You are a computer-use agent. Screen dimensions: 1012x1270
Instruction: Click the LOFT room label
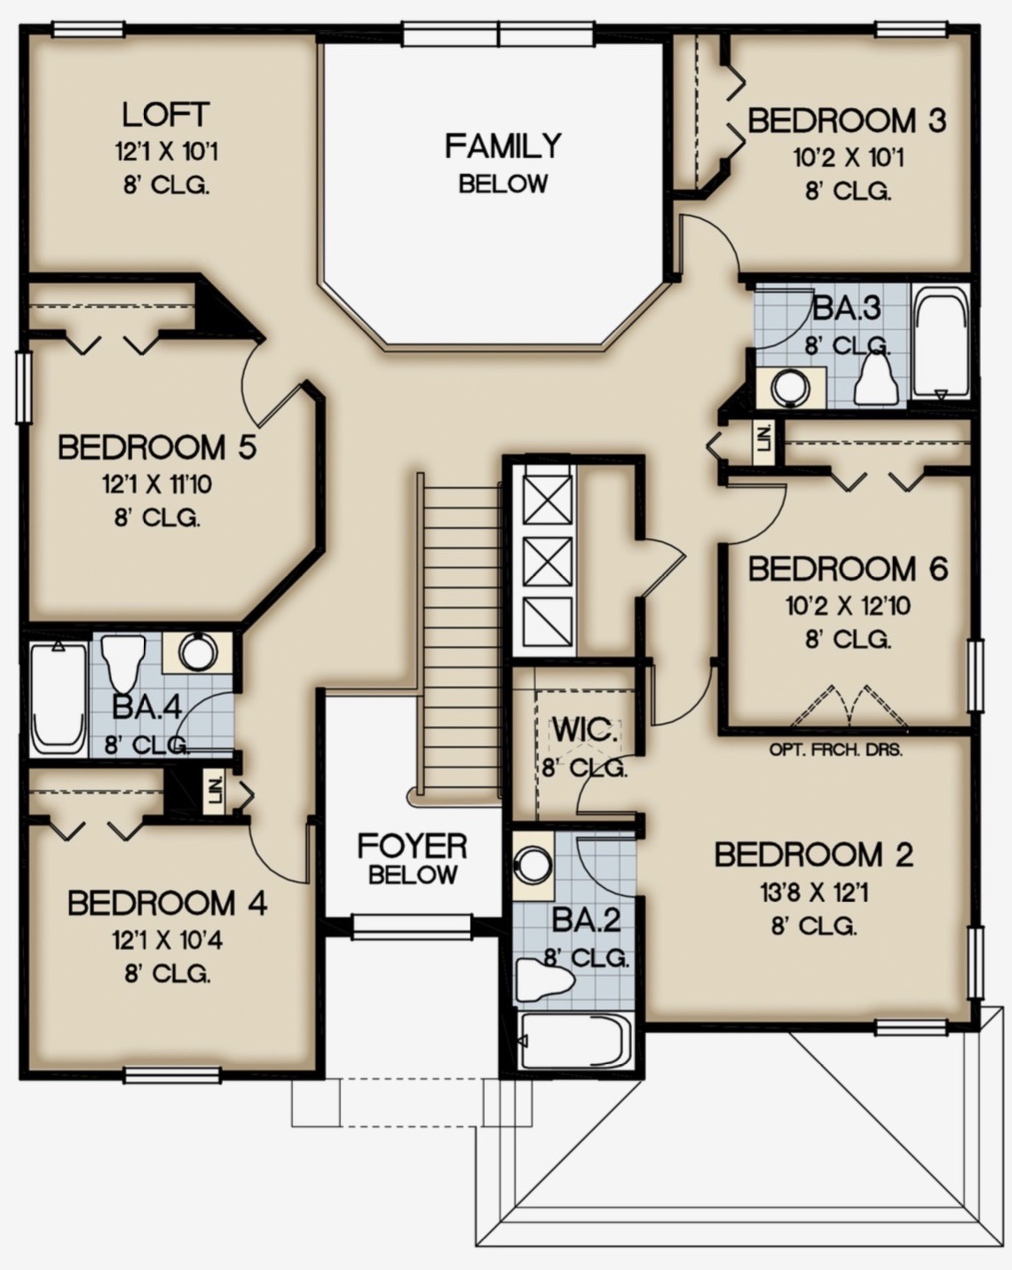[x=165, y=114]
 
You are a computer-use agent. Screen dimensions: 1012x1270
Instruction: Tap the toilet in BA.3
[x=877, y=378]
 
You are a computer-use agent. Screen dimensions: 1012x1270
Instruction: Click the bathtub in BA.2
[x=573, y=1041]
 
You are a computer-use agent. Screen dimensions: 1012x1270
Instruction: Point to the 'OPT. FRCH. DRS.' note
[x=835, y=750]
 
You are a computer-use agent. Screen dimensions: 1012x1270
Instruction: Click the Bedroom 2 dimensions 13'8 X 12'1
[x=814, y=893]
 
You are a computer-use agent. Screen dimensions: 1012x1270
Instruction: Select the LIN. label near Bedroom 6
[x=764, y=443]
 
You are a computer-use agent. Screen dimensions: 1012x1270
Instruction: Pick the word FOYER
[x=412, y=847]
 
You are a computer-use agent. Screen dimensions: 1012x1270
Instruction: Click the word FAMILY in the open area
[x=502, y=146]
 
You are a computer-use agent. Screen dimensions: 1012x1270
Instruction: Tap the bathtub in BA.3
[x=941, y=343]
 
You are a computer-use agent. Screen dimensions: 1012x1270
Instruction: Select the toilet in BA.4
[x=123, y=663]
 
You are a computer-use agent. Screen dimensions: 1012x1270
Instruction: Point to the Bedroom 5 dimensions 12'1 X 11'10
[x=158, y=485]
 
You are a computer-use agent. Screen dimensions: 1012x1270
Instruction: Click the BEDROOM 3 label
[x=847, y=121]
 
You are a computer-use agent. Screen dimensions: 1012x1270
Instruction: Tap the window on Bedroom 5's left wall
[x=24, y=388]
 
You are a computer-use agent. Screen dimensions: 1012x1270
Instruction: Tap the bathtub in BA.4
[x=59, y=698]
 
